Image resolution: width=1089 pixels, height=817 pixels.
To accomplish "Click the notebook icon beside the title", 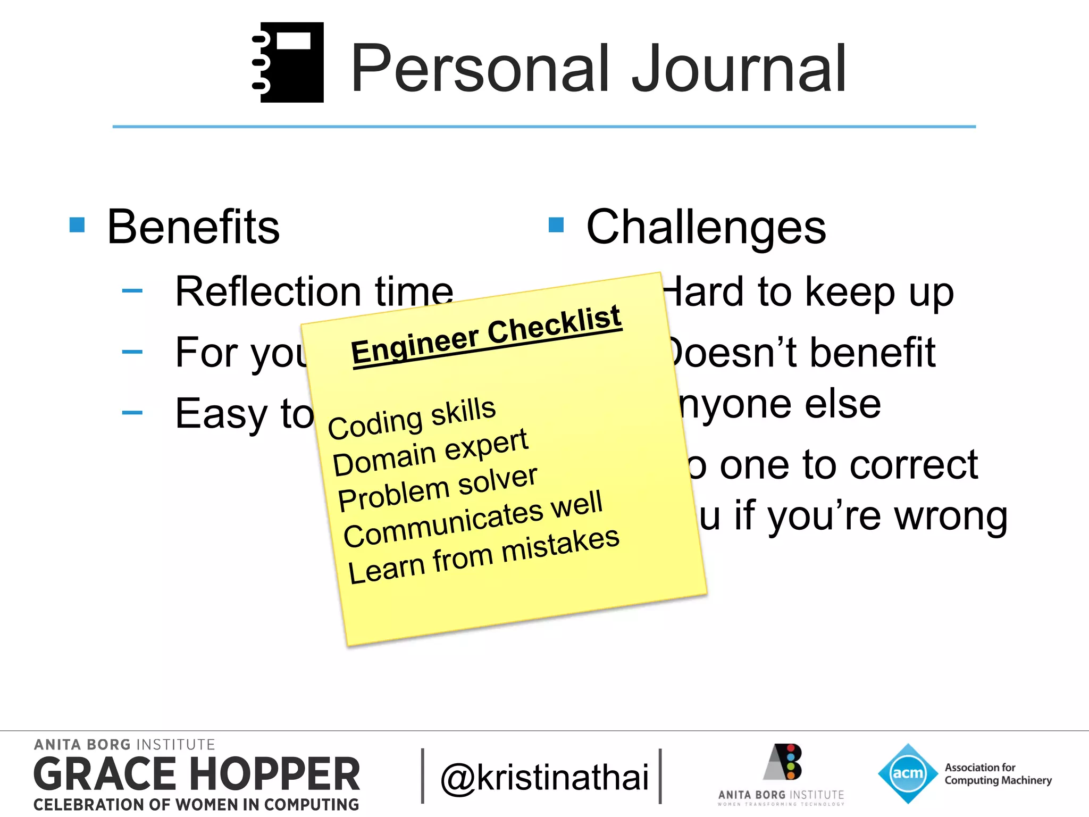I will (x=289, y=62).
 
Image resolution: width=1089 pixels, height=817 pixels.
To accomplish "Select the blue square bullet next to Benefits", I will (x=77, y=225).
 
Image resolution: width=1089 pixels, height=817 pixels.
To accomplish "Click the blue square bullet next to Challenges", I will (x=556, y=225).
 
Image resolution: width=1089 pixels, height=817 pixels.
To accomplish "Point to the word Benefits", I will (x=193, y=227).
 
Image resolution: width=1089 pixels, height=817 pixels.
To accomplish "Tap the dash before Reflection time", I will (x=132, y=291).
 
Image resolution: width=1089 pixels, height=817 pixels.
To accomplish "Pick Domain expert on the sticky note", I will (x=430, y=452).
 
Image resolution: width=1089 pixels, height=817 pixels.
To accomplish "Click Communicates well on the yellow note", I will (x=473, y=519).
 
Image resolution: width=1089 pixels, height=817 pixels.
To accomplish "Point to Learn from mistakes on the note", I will (x=483, y=556).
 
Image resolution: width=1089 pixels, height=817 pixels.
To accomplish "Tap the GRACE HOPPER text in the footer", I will (x=197, y=774).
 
